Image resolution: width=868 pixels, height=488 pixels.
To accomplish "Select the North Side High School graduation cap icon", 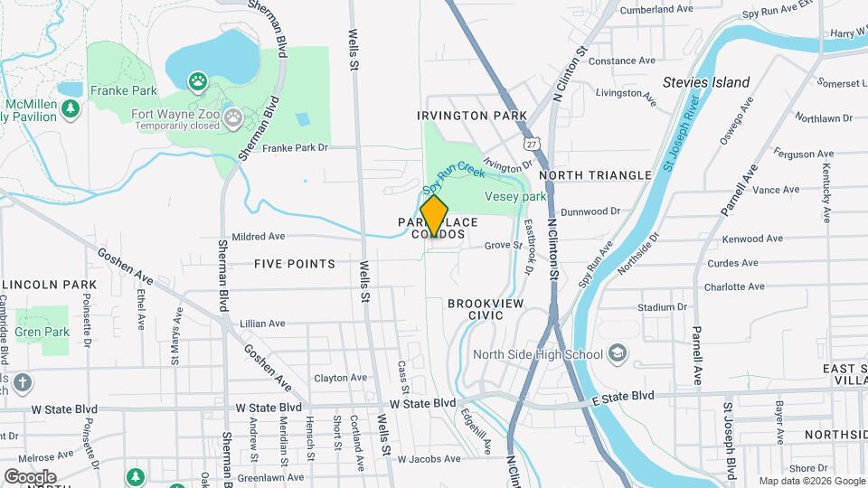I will tap(618, 352).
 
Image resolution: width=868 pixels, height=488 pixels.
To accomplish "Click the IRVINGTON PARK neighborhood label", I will tap(471, 117).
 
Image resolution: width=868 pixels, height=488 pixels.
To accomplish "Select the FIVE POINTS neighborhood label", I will tap(295, 264).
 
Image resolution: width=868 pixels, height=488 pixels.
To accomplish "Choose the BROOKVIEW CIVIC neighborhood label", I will tap(486, 310).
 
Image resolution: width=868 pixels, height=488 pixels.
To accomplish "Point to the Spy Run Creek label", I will tap(448, 178).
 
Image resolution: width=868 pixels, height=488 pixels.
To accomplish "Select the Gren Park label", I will tap(42, 332).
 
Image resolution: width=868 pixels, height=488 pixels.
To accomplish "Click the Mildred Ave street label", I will tap(259, 237).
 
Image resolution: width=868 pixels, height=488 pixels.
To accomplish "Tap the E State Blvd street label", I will tap(623, 396).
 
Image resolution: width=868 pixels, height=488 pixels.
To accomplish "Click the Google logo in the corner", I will tap(29, 476).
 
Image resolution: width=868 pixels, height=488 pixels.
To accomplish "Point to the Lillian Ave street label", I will tap(262, 323).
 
